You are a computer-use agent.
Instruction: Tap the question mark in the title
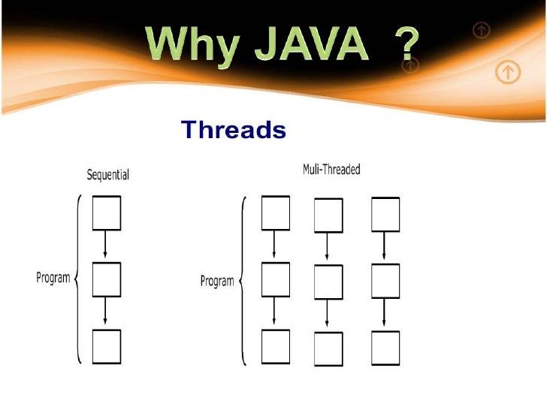coord(406,47)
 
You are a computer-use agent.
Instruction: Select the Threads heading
coord(234,131)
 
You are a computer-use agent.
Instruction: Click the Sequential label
coord(108,174)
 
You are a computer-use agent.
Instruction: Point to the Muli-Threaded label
coord(331,170)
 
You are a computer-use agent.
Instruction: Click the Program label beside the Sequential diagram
coord(53,277)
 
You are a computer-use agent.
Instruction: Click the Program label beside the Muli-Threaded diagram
coord(216,281)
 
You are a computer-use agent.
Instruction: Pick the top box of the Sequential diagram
coord(106,213)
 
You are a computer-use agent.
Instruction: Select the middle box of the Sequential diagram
coord(106,279)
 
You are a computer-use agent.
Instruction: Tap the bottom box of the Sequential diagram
coord(106,347)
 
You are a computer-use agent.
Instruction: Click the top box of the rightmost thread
coord(385,215)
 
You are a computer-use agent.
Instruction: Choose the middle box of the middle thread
coord(328,283)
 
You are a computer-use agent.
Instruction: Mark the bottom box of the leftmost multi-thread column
coord(275,347)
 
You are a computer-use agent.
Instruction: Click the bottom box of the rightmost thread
coord(385,348)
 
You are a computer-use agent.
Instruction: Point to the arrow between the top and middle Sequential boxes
coord(106,246)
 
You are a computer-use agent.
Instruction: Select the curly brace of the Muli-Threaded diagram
coord(243,281)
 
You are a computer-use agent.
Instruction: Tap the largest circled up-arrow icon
coord(509,72)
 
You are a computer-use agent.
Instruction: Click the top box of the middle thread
coord(328,216)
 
